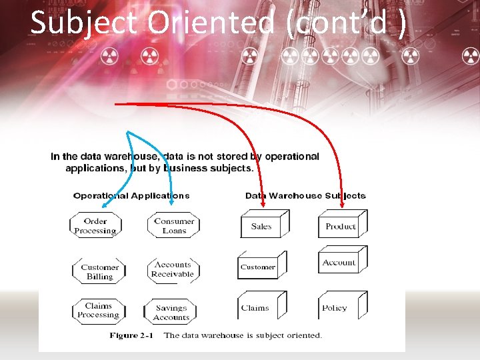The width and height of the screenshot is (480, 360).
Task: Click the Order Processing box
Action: pyautogui.click(x=95, y=226)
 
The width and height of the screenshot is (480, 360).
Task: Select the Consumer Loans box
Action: pyautogui.click(x=173, y=226)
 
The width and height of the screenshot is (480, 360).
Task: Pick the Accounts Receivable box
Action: pyautogui.click(x=173, y=269)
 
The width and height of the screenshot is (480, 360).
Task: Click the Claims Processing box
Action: pyautogui.click(x=98, y=311)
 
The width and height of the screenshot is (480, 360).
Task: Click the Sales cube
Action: pyautogui.click(x=261, y=227)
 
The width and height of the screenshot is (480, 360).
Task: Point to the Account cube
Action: pyautogui.click(x=339, y=263)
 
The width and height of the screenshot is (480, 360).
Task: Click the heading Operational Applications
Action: pyautogui.click(x=131, y=196)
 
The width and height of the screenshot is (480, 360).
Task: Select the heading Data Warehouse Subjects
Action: pyautogui.click(x=305, y=196)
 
